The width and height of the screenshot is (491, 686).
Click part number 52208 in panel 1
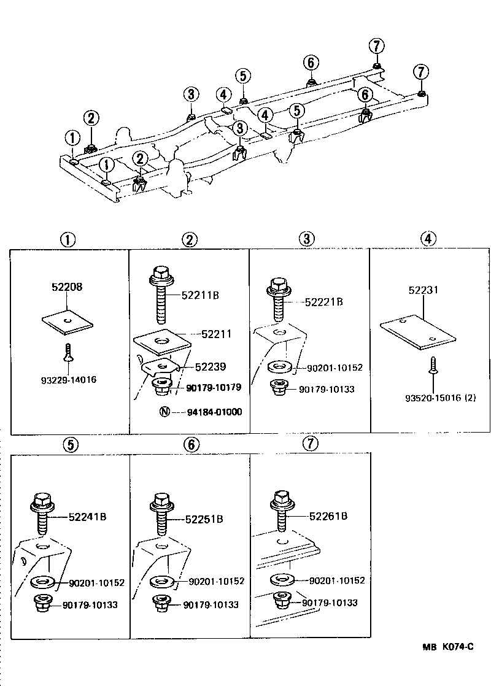[x=68, y=287]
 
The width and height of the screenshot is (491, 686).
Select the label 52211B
[x=201, y=295]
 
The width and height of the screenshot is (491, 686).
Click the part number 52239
[x=211, y=366]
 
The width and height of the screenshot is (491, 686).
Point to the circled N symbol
[x=164, y=412]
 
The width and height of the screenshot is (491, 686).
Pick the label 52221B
[x=323, y=301]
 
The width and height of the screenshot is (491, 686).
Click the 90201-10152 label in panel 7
[x=336, y=580]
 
